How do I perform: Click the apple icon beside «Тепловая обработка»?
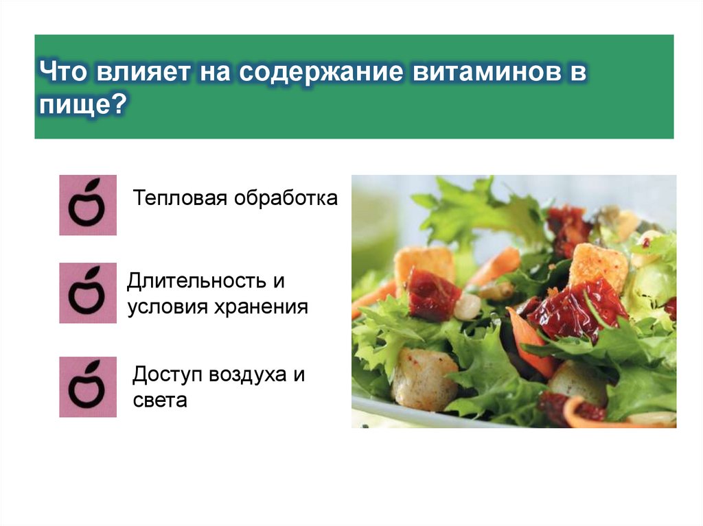click(88, 204)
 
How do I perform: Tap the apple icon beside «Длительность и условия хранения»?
click(88, 293)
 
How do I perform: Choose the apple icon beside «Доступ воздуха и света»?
click(88, 387)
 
